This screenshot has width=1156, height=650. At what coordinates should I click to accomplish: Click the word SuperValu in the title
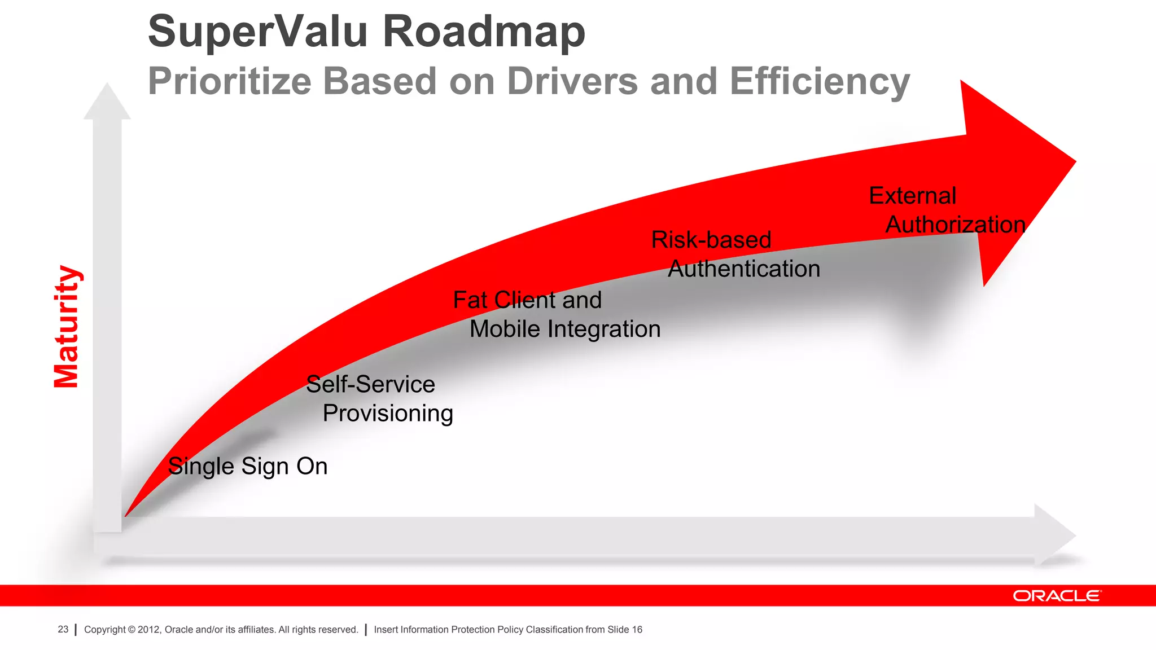257,32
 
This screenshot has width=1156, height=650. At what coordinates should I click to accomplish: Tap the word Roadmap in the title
484,32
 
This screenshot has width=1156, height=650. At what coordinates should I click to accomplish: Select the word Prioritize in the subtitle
229,82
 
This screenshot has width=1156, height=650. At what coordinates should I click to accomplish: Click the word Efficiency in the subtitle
820,82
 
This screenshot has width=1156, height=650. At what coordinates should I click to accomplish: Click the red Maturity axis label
67,327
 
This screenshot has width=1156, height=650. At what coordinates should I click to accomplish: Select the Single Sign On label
248,467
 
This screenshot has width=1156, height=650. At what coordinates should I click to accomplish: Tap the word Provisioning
388,414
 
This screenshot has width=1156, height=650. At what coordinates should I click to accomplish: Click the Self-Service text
370,385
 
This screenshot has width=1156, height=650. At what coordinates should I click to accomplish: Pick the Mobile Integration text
564,330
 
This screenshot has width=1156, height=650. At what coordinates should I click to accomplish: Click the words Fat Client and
527,300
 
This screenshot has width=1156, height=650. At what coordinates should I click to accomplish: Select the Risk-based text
711,240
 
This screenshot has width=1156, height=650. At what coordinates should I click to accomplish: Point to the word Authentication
743,269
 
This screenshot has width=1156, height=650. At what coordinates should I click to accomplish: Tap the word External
912,196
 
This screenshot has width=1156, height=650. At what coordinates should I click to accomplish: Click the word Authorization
955,225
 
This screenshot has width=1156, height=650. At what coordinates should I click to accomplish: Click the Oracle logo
1056,596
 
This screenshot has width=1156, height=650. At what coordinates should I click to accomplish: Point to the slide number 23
63,630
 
